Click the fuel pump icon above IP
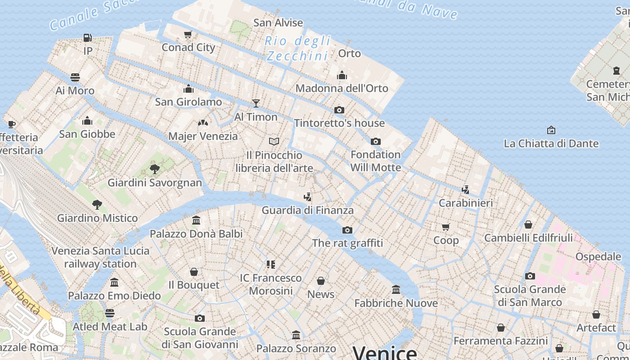pos(88,38)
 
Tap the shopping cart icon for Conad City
pos(188,35)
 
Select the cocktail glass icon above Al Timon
pos(256,103)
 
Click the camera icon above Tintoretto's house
pos(339,110)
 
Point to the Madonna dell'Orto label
pos(342,88)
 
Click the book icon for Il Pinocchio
pos(274,142)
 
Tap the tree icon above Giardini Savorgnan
pos(155,170)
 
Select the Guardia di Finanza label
pos(308,210)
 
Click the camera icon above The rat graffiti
pos(347,230)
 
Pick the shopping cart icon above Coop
pos(446,227)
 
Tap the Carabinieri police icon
pos(466,190)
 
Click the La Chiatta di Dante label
pos(551,144)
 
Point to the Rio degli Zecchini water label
pos(297,49)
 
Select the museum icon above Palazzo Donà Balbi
pos(196,220)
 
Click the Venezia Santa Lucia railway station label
pos(100,257)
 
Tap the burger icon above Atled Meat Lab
pos(110,313)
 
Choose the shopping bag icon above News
pos(321,281)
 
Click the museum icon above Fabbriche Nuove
pos(396,290)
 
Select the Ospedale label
pos(598,256)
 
